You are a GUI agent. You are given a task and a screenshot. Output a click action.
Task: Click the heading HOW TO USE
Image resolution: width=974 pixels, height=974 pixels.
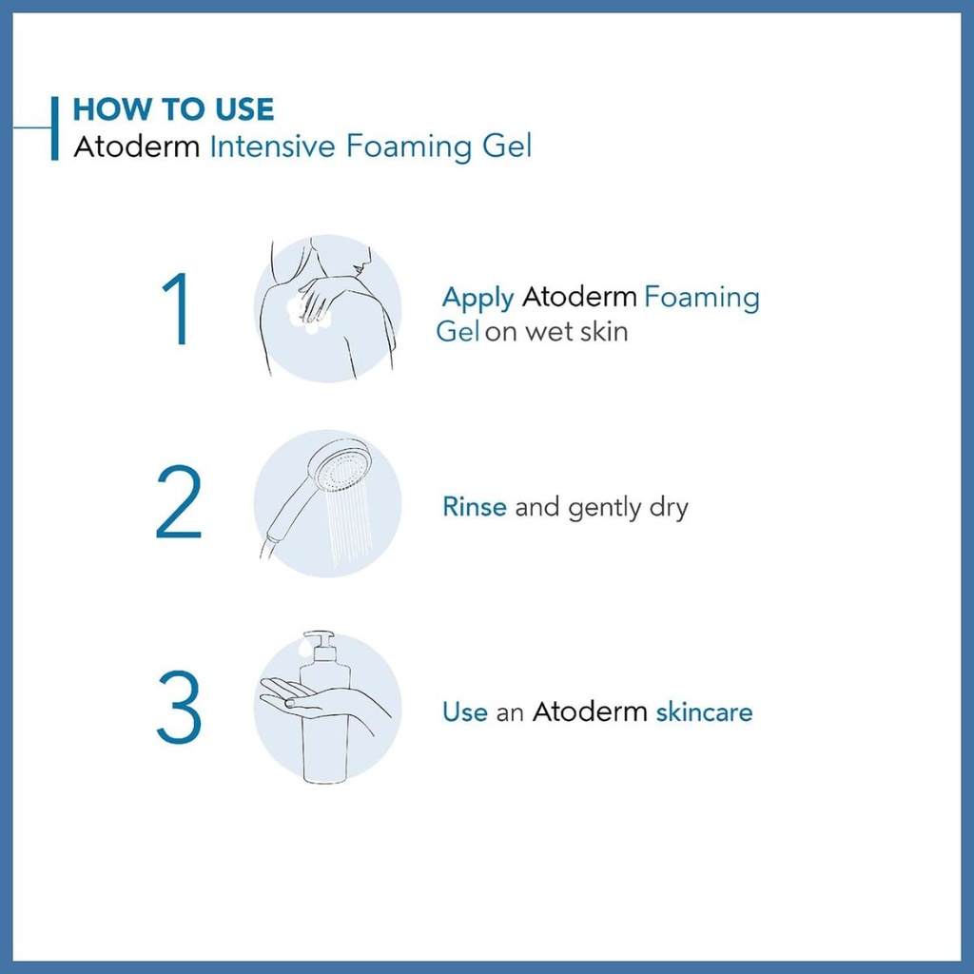coord(173,109)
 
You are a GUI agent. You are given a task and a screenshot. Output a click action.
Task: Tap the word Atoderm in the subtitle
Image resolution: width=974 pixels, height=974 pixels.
coord(137,147)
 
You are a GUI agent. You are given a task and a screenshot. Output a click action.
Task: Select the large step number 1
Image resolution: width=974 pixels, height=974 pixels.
coord(176,309)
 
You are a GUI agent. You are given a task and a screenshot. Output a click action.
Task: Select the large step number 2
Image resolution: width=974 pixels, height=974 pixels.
coord(179,502)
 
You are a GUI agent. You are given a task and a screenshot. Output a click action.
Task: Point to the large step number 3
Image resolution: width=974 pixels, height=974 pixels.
coord(179,707)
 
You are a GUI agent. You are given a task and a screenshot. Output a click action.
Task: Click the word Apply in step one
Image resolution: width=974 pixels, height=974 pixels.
coord(477,299)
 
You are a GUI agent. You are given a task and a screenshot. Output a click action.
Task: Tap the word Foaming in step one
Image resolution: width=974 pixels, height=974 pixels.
coord(701,298)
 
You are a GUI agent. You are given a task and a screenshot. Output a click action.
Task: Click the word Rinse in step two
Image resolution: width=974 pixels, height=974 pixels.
coord(475,507)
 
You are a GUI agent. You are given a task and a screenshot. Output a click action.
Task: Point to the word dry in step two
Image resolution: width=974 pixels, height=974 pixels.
coord(669,509)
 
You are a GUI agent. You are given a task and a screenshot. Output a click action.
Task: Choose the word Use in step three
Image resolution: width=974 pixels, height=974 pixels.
coord(464,711)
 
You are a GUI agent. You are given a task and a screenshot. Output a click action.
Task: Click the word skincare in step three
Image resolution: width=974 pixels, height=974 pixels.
coord(705,711)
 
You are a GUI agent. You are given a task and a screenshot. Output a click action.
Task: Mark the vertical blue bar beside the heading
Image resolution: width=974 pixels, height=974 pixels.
coord(54,128)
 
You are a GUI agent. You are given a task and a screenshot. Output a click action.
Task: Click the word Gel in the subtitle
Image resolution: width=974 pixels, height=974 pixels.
coord(507,146)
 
